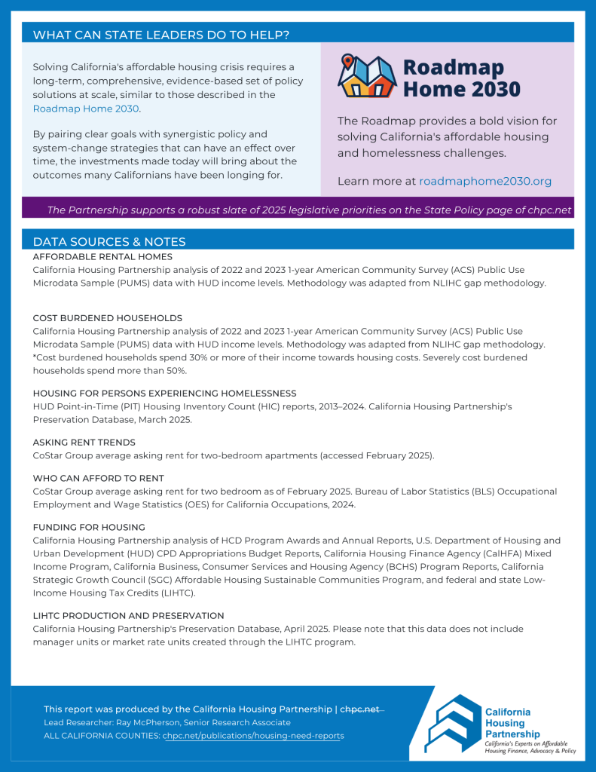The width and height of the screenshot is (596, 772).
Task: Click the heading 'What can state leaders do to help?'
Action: [x=161, y=35]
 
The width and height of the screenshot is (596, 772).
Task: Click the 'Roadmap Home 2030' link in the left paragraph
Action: [x=86, y=109]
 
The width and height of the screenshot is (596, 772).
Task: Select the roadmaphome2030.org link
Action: [x=484, y=181]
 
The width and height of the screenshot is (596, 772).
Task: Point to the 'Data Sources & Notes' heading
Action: [x=109, y=241]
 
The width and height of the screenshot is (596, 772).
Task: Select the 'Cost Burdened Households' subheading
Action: [x=107, y=318]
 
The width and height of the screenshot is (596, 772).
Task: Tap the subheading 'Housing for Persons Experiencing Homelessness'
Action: [x=164, y=394]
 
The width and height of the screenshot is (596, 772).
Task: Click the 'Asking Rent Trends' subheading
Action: [x=84, y=443]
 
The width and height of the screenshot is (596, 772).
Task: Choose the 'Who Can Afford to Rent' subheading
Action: [x=98, y=479]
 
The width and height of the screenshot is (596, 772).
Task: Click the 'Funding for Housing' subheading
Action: [x=89, y=527]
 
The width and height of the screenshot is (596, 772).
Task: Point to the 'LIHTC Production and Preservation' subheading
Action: [x=128, y=616]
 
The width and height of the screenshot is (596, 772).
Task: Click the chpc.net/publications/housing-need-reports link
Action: [x=253, y=735]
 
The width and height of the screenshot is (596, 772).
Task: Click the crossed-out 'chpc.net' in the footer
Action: [x=362, y=709]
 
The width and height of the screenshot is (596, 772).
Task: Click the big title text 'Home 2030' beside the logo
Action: [x=461, y=89]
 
